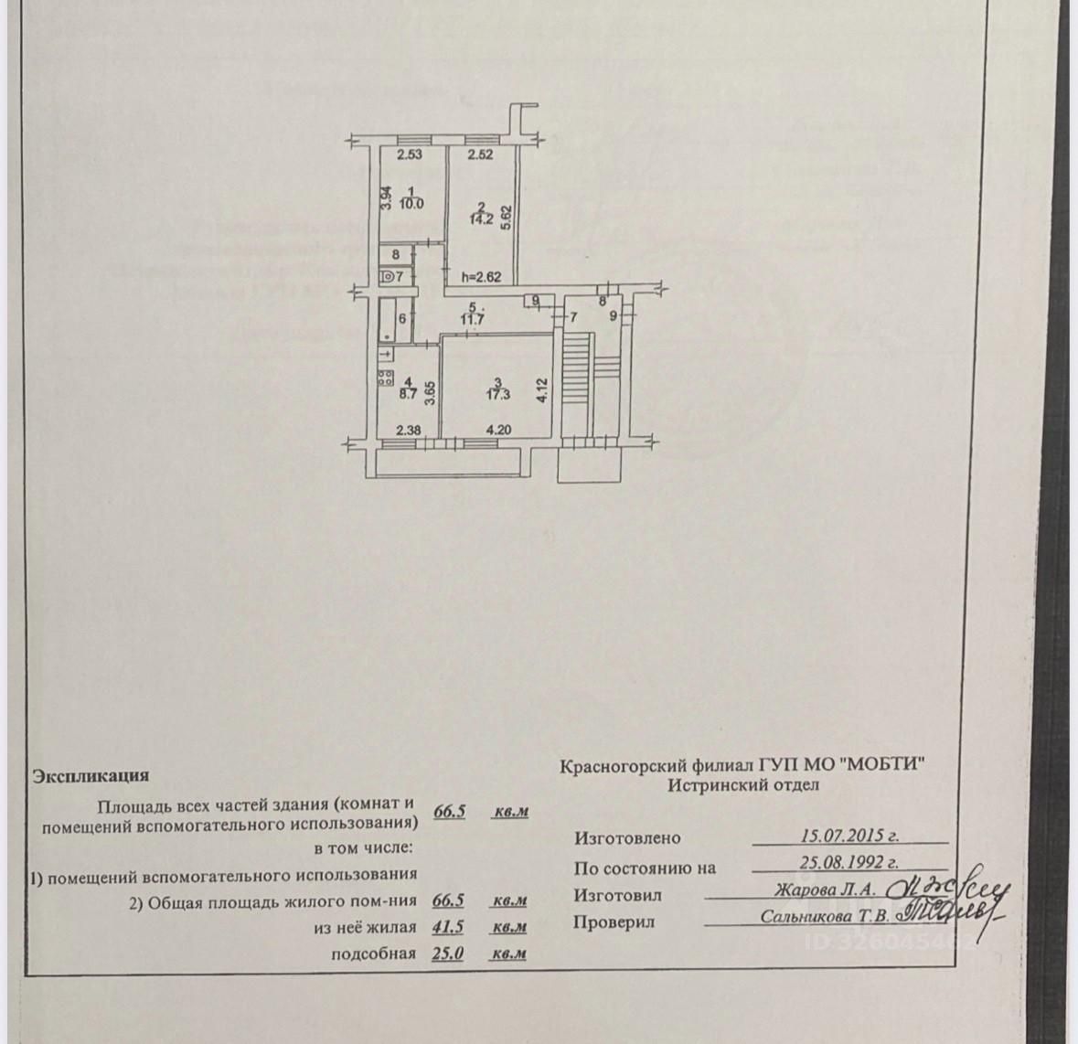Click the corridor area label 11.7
click(x=473, y=319)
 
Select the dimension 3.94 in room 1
click(x=387, y=197)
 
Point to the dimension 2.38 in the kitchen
click(x=408, y=431)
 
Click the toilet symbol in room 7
click(x=388, y=275)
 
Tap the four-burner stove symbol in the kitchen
click(x=385, y=375)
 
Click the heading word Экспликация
click(x=90, y=775)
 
